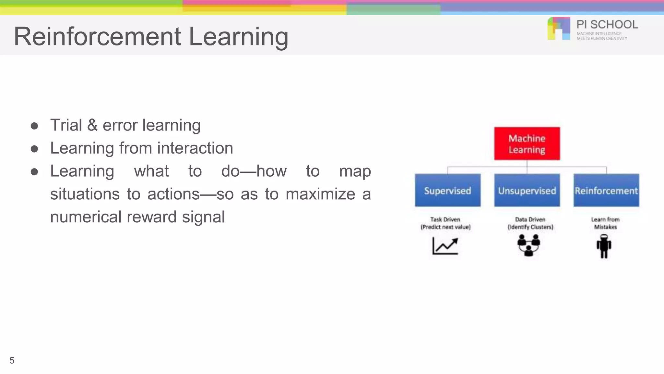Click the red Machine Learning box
pos(527,143)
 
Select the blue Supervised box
pos(447,190)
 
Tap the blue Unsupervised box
pos(527,190)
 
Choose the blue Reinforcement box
pos(606,190)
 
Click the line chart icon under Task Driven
pos(445,246)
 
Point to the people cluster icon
pos(528,245)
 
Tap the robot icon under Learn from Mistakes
pos(604,246)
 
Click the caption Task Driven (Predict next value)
pos(445,223)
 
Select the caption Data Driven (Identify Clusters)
pos(530,223)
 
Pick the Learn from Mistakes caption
pos(605,223)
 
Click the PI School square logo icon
pos(559,29)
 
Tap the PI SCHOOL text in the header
pos(607,25)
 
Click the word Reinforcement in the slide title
pos(97,36)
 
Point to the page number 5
pos(12,360)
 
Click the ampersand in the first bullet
pos(92,125)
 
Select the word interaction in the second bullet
pos(195,148)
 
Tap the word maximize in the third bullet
pos(320,194)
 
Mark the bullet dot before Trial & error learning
pos(34,126)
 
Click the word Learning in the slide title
pos(238,36)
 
